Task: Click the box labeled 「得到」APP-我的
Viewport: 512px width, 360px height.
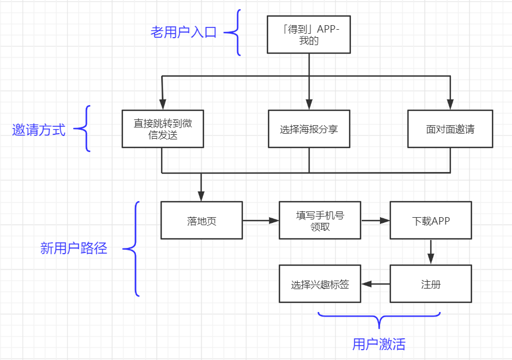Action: point(309,34)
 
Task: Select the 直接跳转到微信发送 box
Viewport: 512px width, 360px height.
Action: point(163,129)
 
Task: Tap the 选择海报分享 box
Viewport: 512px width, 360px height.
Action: point(309,129)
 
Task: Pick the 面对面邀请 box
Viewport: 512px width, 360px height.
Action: point(450,129)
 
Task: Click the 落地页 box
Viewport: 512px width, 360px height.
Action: point(202,221)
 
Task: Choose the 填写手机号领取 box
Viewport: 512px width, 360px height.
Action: point(320,221)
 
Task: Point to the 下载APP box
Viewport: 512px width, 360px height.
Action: point(431,221)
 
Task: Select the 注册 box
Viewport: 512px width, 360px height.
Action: point(431,284)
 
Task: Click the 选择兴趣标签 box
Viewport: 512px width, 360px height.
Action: point(320,284)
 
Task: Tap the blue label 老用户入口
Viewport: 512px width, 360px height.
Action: point(183,32)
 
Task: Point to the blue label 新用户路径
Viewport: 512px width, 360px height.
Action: point(74,249)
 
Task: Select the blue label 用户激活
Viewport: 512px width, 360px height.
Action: point(379,344)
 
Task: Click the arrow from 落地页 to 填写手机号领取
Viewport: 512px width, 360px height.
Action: point(261,221)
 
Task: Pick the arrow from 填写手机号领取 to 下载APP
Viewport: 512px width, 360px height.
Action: point(375,221)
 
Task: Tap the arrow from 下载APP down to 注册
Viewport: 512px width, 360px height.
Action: point(431,251)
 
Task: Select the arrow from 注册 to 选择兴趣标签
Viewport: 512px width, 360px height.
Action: point(375,284)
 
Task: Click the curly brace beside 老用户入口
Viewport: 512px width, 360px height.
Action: point(233,33)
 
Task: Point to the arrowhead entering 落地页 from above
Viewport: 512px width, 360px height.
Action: point(202,196)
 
